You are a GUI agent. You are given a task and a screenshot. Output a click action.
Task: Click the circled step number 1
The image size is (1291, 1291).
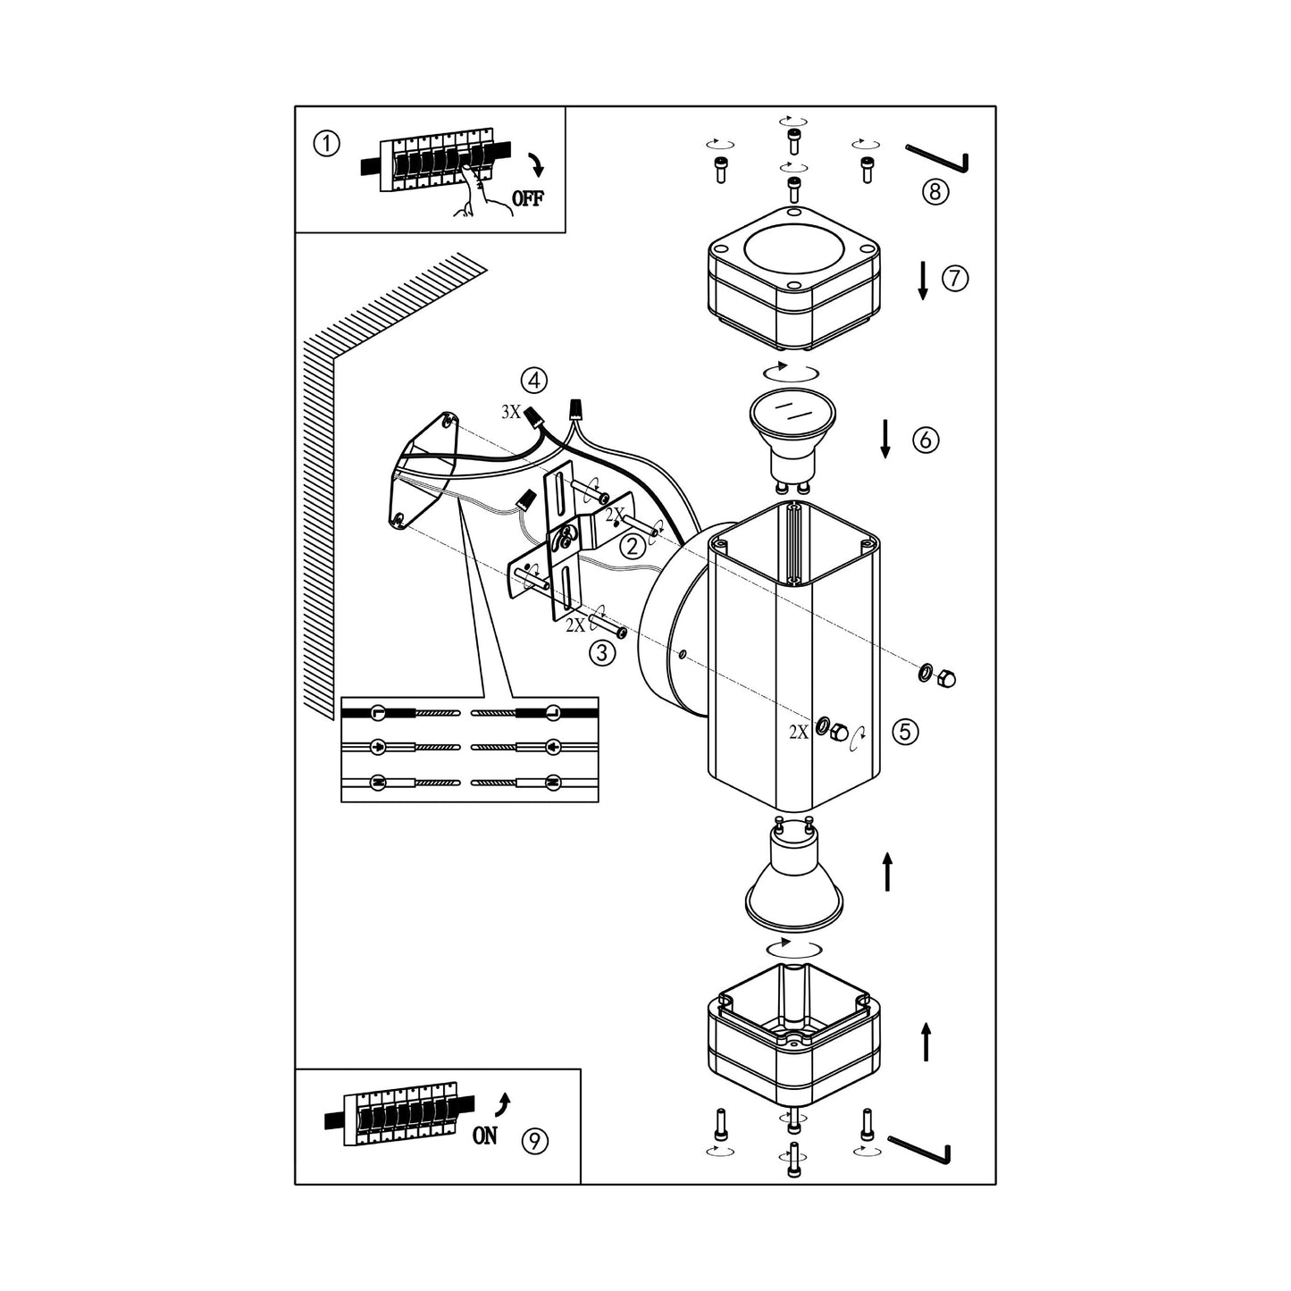click(327, 144)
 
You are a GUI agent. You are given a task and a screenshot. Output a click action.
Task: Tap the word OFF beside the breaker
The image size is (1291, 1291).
click(528, 198)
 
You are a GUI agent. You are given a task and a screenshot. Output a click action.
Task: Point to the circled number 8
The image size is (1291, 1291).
click(935, 191)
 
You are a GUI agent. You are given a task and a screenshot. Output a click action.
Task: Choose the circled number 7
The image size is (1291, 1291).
click(955, 277)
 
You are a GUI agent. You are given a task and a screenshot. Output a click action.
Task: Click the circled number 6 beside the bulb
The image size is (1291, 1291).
click(926, 440)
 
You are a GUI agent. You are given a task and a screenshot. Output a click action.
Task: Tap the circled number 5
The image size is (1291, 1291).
click(905, 732)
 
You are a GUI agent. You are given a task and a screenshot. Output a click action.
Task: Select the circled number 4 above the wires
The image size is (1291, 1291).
click(534, 381)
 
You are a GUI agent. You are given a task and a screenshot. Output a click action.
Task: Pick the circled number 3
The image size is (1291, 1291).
click(602, 652)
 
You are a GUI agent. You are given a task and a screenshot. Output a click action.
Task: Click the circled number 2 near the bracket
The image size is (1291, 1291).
click(633, 547)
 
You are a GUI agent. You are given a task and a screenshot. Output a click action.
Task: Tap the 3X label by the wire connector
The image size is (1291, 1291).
click(511, 412)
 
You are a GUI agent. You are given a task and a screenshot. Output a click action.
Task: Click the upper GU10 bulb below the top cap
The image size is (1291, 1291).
click(792, 440)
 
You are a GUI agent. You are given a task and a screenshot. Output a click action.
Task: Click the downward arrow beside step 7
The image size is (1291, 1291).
click(923, 281)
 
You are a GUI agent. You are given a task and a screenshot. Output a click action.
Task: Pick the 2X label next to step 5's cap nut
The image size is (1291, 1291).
click(799, 733)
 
